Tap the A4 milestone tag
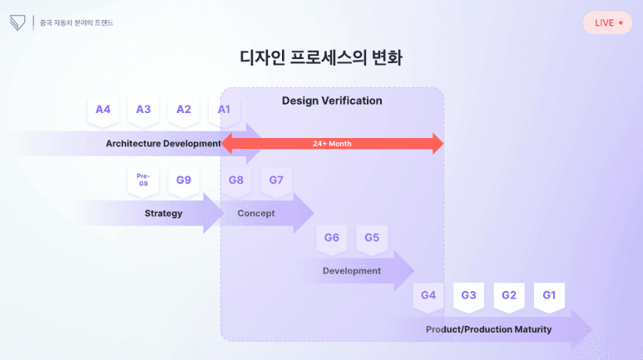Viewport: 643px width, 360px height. pyautogui.click(x=103, y=110)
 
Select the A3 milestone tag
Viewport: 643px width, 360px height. pyautogui.click(x=143, y=110)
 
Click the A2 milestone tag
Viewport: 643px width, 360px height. pyautogui.click(x=184, y=110)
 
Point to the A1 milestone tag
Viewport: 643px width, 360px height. pyautogui.click(x=224, y=110)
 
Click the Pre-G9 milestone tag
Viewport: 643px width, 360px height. pyautogui.click(x=143, y=180)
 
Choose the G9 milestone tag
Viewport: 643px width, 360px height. pyautogui.click(x=184, y=180)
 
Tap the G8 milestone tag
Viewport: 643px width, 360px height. pyautogui.click(x=236, y=180)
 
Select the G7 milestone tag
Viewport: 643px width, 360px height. pyautogui.click(x=276, y=180)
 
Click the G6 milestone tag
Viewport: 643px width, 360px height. pyautogui.click(x=332, y=238)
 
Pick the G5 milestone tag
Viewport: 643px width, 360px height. pyautogui.click(x=372, y=238)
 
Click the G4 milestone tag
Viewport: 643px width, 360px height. pyautogui.click(x=428, y=295)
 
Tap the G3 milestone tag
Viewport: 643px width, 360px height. pyautogui.click(x=468, y=295)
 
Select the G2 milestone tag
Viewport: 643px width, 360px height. pyautogui.click(x=509, y=295)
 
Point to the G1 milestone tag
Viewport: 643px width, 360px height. pyautogui.click(x=549, y=295)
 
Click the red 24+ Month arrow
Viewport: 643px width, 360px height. pyautogui.click(x=333, y=144)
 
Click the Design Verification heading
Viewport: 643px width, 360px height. pyautogui.click(x=332, y=101)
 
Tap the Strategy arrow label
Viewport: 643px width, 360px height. pyautogui.click(x=163, y=214)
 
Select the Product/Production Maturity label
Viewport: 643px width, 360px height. pyautogui.click(x=488, y=329)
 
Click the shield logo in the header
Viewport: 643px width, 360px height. pyautogui.click(x=17, y=22)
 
